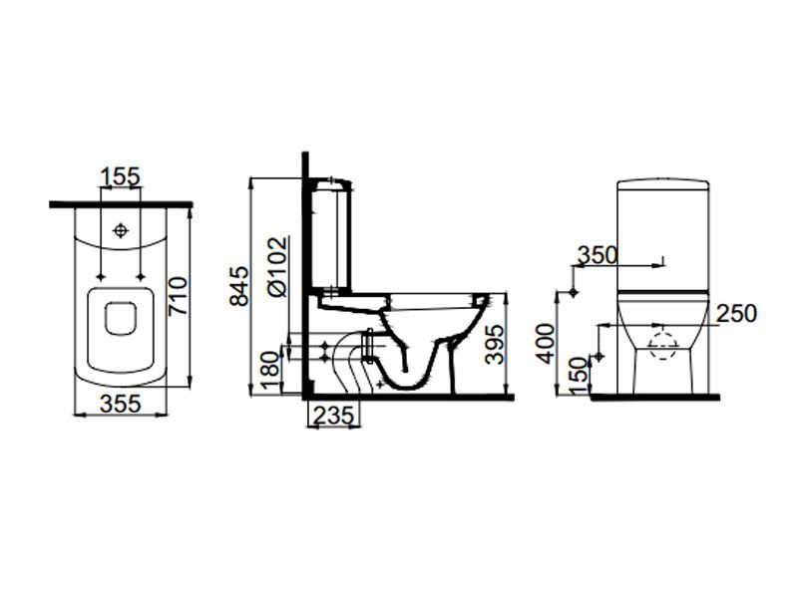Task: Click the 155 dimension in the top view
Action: pos(121,177)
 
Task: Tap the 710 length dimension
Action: pos(179,296)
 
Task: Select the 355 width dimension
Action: pos(121,405)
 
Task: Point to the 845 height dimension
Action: pos(239,286)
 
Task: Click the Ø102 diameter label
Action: pos(278,266)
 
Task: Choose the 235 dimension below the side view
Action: pos(333,416)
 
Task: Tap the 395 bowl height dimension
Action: pos(494,345)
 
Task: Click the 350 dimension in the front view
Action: pos(598,255)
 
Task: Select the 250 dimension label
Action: pos(736,313)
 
